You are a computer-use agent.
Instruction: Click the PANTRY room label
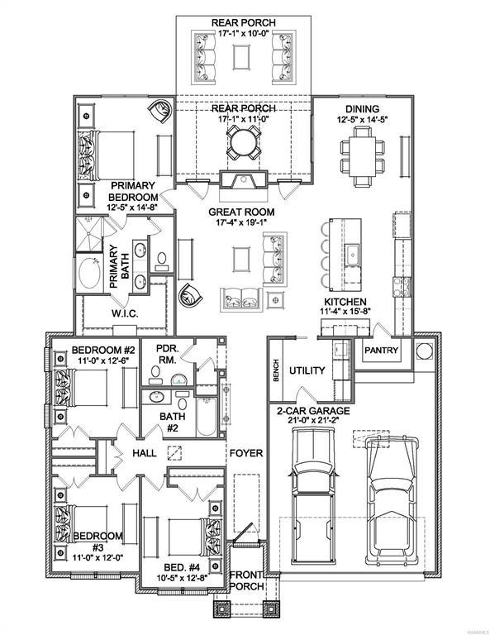[x=381, y=351]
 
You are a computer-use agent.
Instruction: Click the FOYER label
[x=245, y=453]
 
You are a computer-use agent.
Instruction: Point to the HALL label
[x=145, y=453]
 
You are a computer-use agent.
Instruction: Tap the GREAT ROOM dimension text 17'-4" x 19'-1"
[x=246, y=222]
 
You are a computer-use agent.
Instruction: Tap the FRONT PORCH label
[x=245, y=580]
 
